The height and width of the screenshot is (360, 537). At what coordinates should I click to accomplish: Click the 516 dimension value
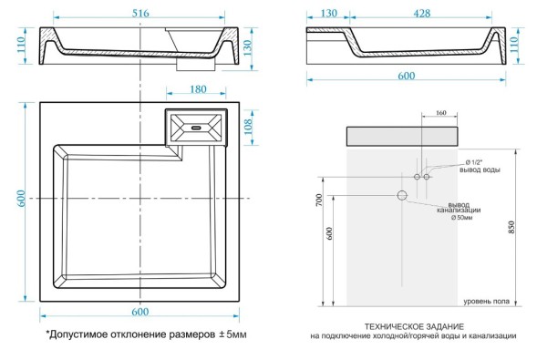(139, 12)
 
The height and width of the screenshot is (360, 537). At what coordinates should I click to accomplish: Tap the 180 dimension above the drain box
(196, 89)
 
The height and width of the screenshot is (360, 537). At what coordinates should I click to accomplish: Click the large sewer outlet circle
(401, 195)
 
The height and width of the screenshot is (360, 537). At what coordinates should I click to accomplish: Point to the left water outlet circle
(416, 176)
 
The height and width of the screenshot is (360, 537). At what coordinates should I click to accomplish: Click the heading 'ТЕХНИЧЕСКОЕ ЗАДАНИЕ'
(414, 325)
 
